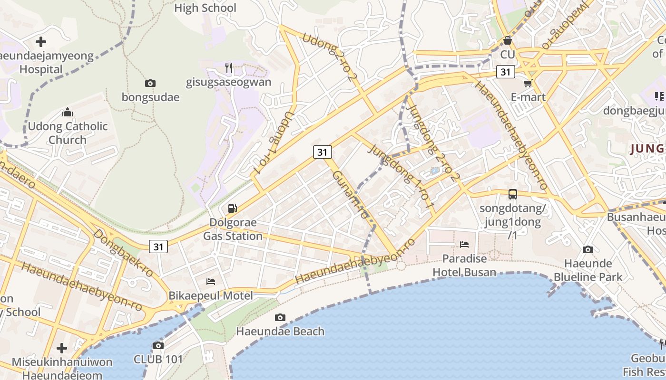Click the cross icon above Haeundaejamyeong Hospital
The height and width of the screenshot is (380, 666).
point(41,42)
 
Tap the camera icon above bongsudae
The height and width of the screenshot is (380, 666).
point(150,84)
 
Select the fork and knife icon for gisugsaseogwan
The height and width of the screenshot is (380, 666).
point(229,68)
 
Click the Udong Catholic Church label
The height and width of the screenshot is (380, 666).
point(68,133)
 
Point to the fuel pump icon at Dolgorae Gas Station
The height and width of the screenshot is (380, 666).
point(232,208)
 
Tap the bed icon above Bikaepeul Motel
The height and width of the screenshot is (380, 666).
point(211,282)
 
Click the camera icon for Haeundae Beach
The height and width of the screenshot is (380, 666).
point(280,317)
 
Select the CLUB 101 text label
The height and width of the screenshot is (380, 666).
point(158,359)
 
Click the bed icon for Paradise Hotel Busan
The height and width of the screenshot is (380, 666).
point(464,245)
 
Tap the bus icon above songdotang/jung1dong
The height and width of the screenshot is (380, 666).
point(513,194)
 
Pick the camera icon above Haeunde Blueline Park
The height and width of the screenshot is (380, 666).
point(588,249)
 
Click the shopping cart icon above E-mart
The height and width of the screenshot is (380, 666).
point(528,84)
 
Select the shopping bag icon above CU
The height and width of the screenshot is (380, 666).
point(508,41)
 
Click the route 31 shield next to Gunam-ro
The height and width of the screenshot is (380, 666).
point(323,152)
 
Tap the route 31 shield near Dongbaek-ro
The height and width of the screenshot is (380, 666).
point(158,247)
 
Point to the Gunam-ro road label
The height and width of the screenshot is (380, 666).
point(350,195)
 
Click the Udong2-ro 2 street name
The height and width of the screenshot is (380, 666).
point(330,57)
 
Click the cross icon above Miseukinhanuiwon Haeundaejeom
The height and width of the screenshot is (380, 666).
point(62,348)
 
